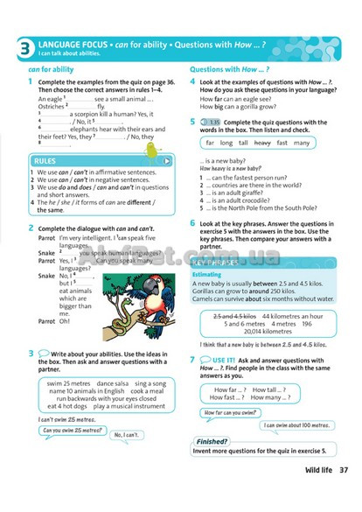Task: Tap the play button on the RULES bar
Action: tap(167, 161)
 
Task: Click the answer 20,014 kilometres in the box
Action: tap(268, 333)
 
